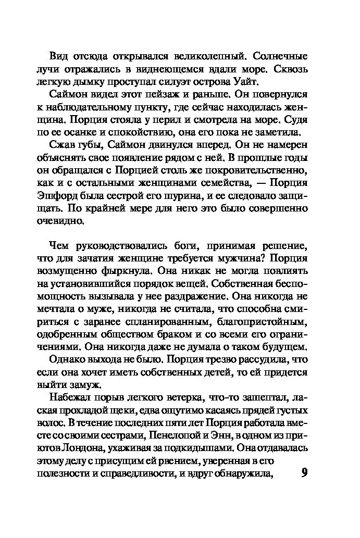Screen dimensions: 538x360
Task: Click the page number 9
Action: (x=305, y=474)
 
